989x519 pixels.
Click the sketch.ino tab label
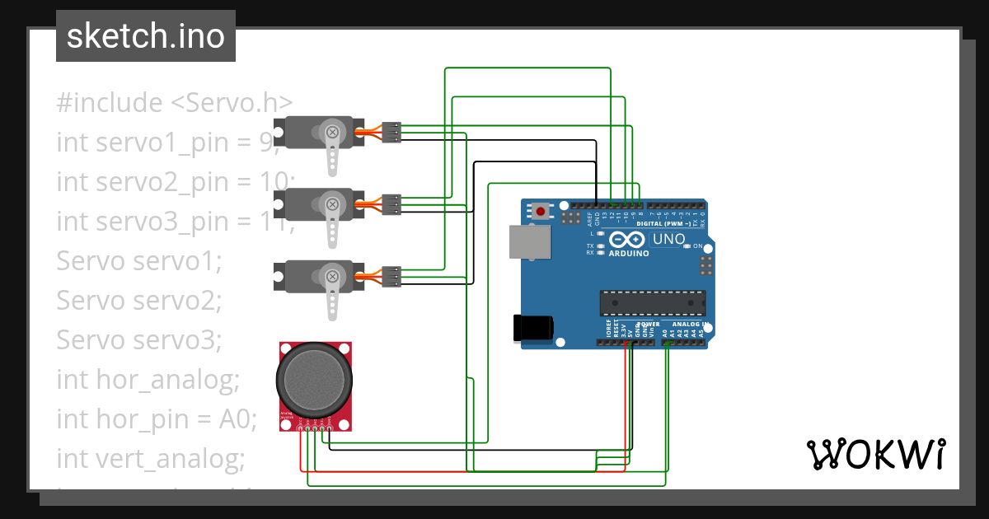click(145, 36)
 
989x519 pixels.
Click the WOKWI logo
click(875, 454)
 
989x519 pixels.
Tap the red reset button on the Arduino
click(541, 212)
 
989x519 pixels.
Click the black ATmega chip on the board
click(652, 303)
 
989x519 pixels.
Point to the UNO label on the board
click(668, 240)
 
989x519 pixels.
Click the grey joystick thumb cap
click(316, 377)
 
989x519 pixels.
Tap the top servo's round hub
click(332, 131)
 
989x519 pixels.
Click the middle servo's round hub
click(332, 203)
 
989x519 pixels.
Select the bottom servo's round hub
click(332, 276)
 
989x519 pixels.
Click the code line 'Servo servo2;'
click(139, 301)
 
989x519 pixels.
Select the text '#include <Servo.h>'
click(175, 103)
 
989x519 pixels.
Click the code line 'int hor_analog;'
click(148, 380)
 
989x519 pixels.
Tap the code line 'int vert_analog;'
click(151, 458)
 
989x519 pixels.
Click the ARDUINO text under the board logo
click(628, 253)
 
